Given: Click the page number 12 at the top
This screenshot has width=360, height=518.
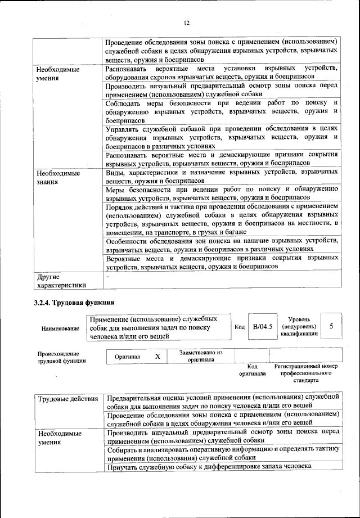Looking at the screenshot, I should coord(187,23).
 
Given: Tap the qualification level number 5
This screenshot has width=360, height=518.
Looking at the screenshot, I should coord(332,326).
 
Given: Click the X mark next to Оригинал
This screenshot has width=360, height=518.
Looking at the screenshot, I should coord(157,357).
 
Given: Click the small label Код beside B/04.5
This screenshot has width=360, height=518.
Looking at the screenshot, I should coord(239,327).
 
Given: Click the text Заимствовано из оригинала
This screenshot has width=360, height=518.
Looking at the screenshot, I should coord(201,356).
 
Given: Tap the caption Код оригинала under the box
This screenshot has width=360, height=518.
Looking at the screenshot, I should coord(252,370).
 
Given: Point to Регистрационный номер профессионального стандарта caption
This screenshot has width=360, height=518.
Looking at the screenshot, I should coord(305,372).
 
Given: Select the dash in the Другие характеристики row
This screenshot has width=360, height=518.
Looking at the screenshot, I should coord(107,277).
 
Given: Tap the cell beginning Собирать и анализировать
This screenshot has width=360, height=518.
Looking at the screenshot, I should coord(222,453).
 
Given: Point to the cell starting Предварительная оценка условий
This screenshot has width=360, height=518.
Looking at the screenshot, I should coord(222,403).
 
